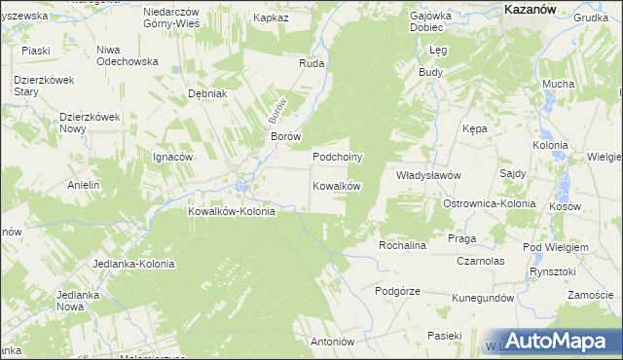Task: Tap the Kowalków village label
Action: (337, 186)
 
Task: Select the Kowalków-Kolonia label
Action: (232, 210)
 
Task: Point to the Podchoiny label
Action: (337, 157)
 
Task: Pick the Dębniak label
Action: (207, 94)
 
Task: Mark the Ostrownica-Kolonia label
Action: (489, 204)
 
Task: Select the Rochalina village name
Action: (403, 245)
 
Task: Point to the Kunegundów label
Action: (482, 298)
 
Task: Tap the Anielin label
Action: (84, 185)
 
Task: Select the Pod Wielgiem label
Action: (556, 247)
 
